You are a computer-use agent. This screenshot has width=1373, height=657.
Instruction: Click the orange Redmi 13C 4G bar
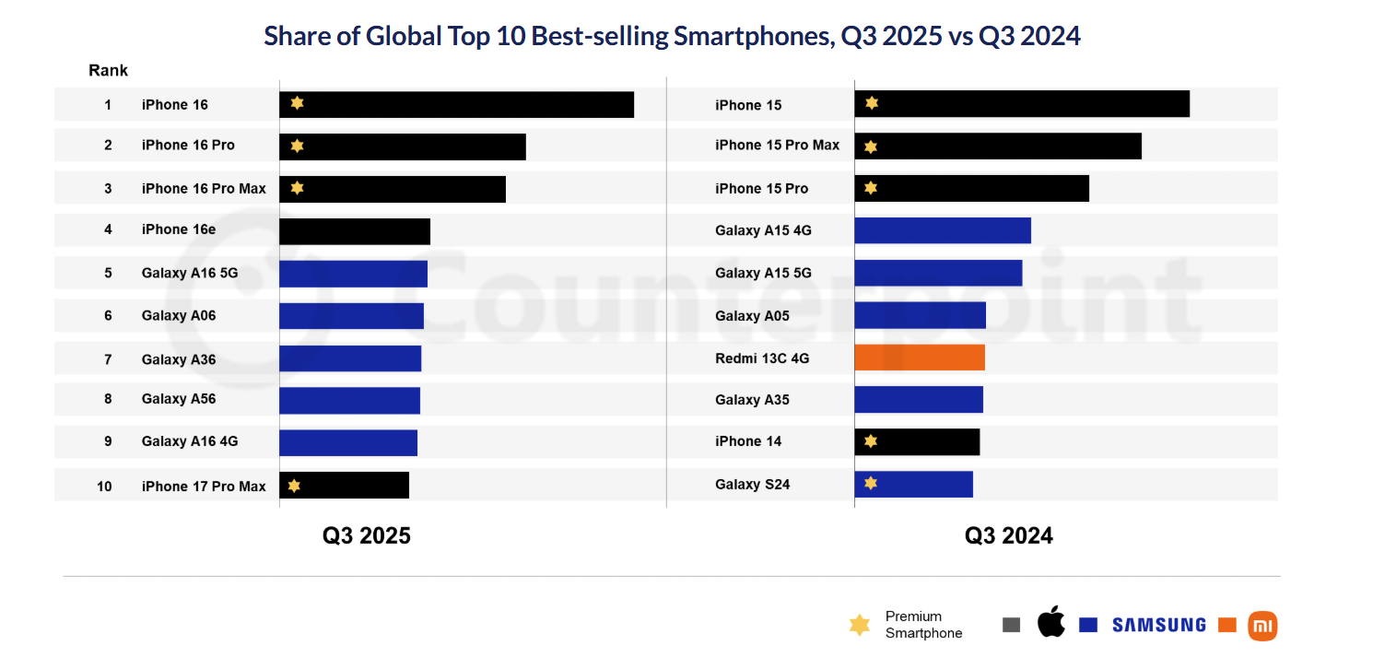(x=920, y=358)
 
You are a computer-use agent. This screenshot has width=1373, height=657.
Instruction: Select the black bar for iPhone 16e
(x=355, y=231)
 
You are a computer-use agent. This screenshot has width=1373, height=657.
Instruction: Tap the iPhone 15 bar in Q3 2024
(x=1022, y=104)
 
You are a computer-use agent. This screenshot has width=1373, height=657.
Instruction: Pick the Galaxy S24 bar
(x=913, y=484)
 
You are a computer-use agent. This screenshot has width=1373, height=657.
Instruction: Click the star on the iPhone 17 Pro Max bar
(x=294, y=486)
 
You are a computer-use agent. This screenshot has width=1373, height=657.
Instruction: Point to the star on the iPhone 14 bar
(x=871, y=441)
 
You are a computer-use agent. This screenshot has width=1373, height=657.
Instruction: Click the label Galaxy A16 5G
(x=189, y=273)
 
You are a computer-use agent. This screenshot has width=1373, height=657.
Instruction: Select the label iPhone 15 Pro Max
(x=777, y=145)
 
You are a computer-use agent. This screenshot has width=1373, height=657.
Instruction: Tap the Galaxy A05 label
(x=752, y=315)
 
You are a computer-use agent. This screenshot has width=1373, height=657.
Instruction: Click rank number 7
(x=108, y=358)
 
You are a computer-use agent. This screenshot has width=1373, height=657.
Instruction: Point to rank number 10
(x=105, y=486)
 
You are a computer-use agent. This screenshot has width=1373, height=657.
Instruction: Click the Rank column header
(x=108, y=70)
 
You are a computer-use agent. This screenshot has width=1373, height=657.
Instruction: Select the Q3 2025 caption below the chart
(x=366, y=535)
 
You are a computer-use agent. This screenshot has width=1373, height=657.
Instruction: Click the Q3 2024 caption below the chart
(x=1008, y=535)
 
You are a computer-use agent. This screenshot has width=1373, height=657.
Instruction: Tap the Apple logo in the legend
(x=1050, y=623)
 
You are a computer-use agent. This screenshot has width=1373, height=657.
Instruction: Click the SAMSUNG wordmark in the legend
(x=1158, y=625)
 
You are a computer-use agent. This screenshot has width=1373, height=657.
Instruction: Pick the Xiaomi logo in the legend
(x=1262, y=626)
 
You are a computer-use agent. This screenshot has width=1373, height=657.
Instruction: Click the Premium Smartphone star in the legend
(x=859, y=625)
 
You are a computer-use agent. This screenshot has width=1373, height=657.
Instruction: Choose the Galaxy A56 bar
(x=349, y=400)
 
